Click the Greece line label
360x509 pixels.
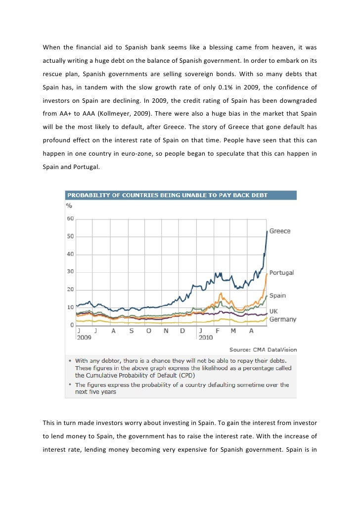tap(279, 231)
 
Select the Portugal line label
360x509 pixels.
tap(281, 272)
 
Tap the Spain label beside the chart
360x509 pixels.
tap(277, 296)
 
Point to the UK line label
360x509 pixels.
tap(273, 311)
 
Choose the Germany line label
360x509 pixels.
tap(282, 319)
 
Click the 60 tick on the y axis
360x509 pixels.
tap(70, 218)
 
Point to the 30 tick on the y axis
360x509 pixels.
tap(70, 272)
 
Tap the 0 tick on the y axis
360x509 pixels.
tap(72, 325)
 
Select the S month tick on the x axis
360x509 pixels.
tap(131, 331)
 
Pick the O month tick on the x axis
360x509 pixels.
tap(148, 331)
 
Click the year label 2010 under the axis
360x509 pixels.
tap(205, 337)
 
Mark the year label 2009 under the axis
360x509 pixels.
tap(84, 337)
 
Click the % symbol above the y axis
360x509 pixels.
tap(69, 205)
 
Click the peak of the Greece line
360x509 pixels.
tap(267, 231)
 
